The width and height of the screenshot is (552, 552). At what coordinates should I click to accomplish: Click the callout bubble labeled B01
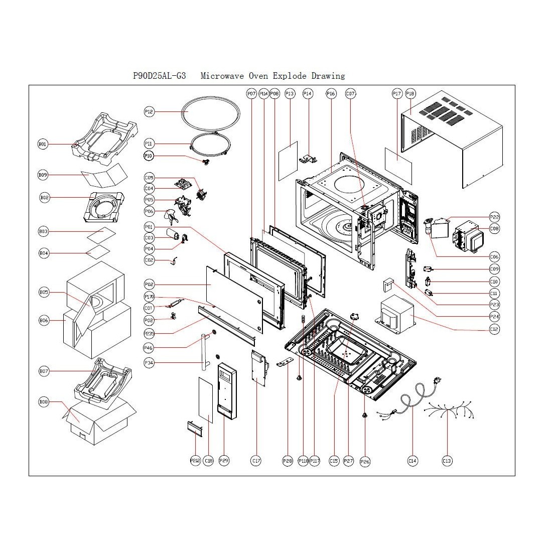(x=43, y=145)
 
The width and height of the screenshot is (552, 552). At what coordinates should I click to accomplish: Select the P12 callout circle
(x=149, y=112)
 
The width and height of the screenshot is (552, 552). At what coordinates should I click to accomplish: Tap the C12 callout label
(x=494, y=329)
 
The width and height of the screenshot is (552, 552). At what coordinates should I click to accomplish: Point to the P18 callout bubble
(x=410, y=93)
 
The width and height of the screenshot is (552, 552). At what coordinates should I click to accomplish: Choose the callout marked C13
(x=447, y=461)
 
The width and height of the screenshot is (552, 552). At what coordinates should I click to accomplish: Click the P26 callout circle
(x=365, y=461)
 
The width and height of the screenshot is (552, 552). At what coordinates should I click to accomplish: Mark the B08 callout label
(x=44, y=402)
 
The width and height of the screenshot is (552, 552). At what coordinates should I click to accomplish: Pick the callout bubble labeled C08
(x=494, y=228)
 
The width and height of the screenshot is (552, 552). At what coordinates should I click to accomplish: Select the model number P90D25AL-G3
(x=159, y=76)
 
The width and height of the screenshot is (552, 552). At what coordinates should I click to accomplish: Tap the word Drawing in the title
(x=328, y=76)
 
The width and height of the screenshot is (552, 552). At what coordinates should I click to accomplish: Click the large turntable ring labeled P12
(x=205, y=115)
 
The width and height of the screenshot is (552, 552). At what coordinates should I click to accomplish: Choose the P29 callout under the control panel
(x=224, y=461)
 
